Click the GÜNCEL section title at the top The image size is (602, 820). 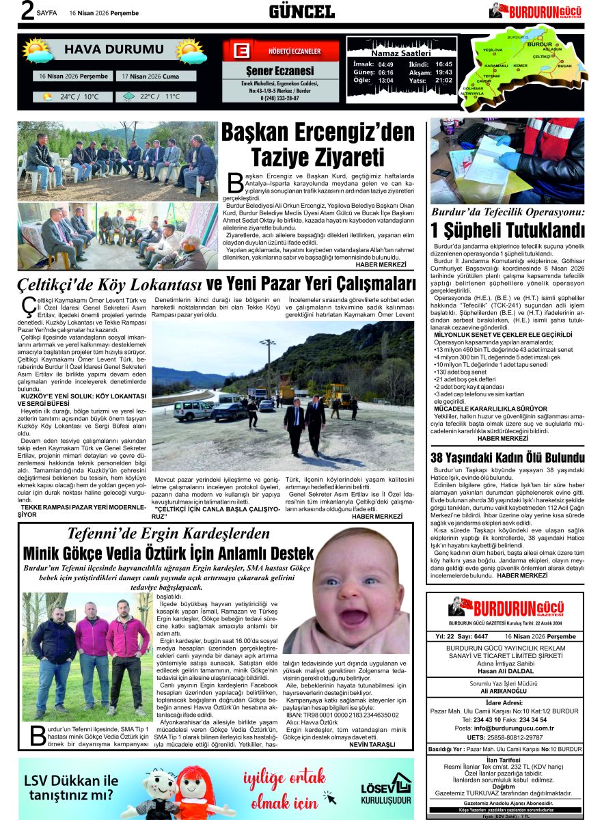(x=301, y=11)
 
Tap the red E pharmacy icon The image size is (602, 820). (x=241, y=51)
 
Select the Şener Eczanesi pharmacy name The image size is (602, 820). (x=280, y=71)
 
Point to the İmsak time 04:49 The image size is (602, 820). (x=385, y=64)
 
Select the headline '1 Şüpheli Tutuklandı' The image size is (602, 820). (x=507, y=230)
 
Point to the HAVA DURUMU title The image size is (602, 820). (x=104, y=49)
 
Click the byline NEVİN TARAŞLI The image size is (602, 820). (x=372, y=743)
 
